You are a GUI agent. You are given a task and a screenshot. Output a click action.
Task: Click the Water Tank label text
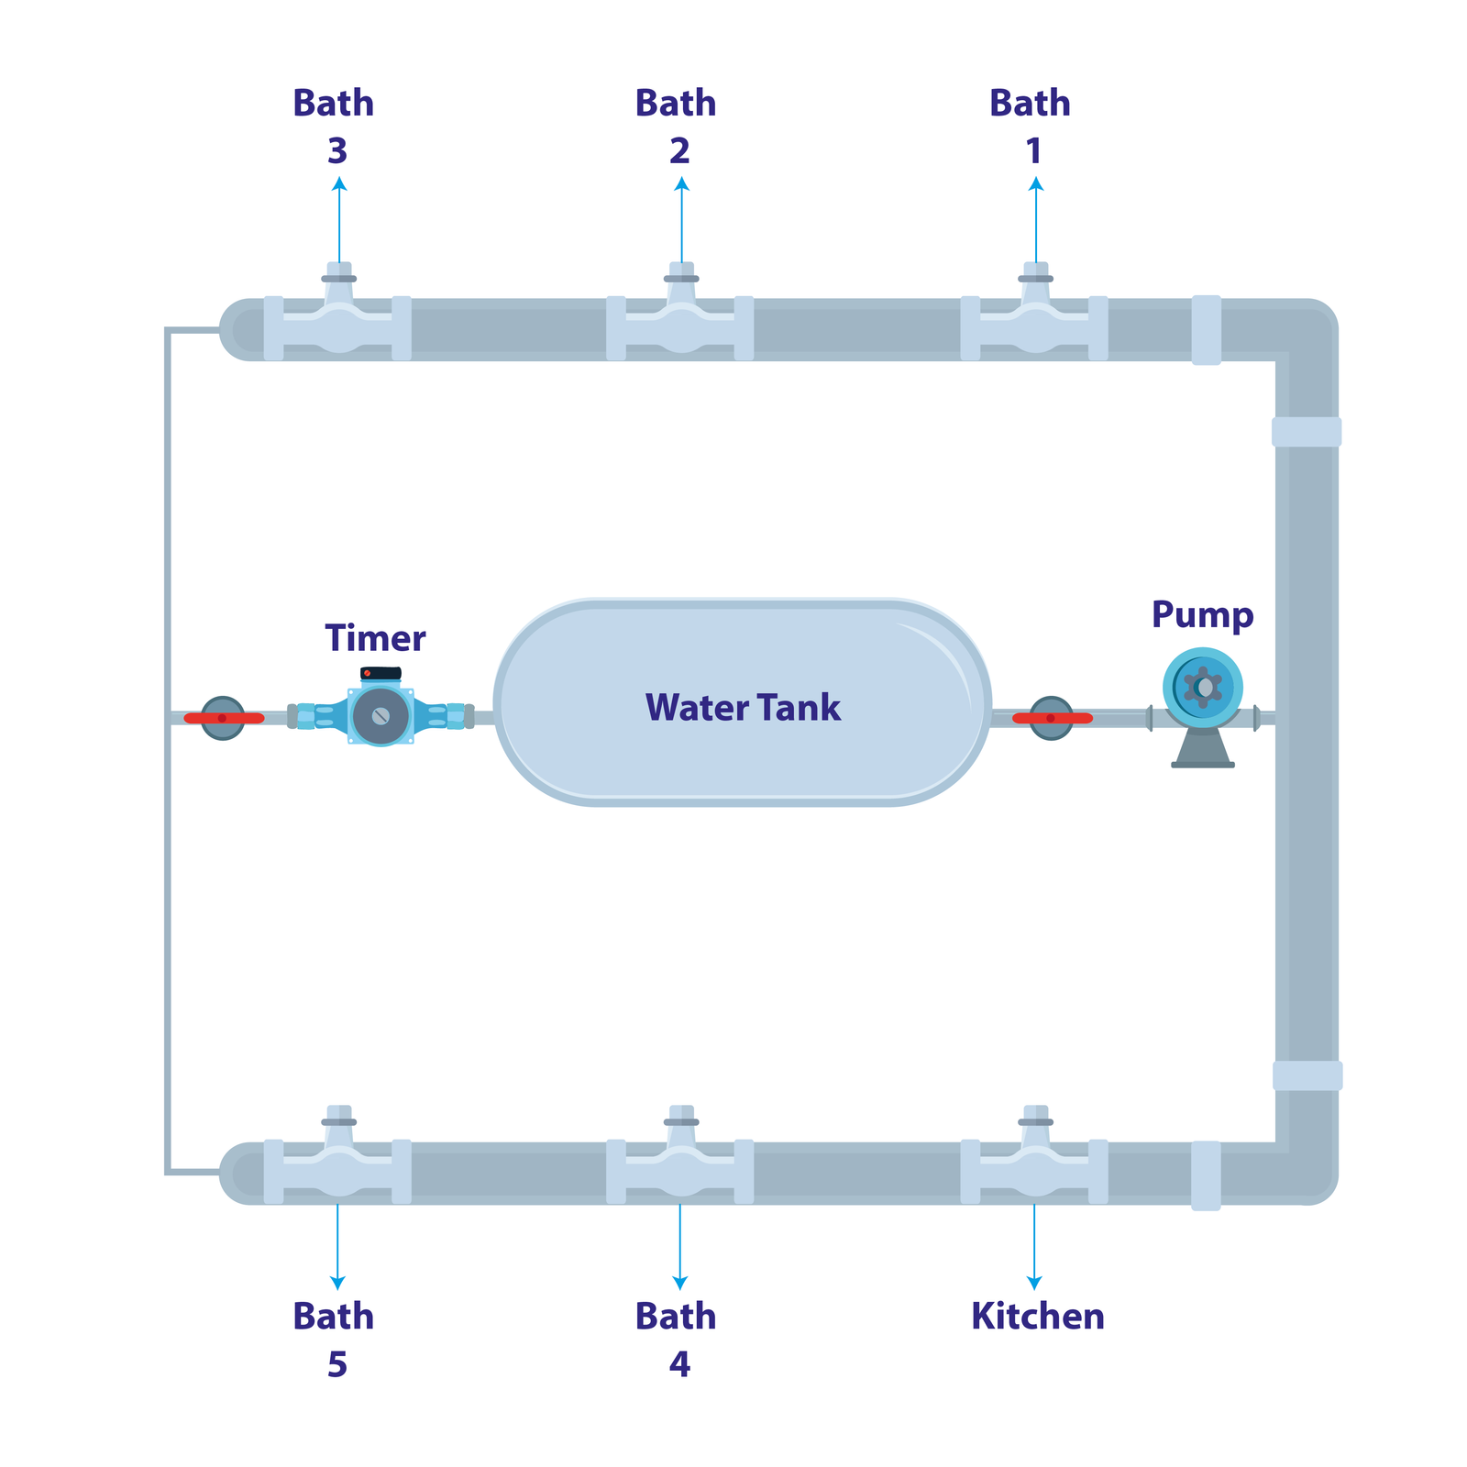tap(743, 708)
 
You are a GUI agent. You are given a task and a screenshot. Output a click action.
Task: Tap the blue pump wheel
tap(1203, 687)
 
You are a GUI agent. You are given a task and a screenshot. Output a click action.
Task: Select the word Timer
tap(375, 638)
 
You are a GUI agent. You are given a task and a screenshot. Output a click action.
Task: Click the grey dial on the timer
tap(381, 716)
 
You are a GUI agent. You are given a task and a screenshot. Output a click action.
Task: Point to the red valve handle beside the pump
tap(1052, 718)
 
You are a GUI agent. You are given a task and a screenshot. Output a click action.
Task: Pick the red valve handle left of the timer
tap(224, 718)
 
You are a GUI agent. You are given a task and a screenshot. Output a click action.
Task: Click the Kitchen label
tap(1037, 1317)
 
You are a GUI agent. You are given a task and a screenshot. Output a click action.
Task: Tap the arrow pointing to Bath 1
tap(1036, 220)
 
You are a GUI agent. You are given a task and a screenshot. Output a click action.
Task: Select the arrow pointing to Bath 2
tap(681, 220)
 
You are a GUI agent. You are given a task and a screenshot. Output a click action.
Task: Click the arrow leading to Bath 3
tap(339, 220)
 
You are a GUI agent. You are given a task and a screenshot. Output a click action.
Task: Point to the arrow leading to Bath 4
tap(679, 1247)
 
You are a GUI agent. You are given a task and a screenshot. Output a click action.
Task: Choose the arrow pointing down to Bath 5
tap(337, 1247)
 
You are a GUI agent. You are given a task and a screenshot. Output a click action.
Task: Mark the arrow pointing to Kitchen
tap(1034, 1247)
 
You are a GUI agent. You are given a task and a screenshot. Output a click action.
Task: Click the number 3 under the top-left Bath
tap(337, 151)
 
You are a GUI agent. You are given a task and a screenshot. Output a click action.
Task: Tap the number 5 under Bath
tap(337, 1364)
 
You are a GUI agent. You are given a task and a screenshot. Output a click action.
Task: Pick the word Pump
tap(1202, 614)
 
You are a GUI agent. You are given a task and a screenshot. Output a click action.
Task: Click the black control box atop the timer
tap(381, 673)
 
